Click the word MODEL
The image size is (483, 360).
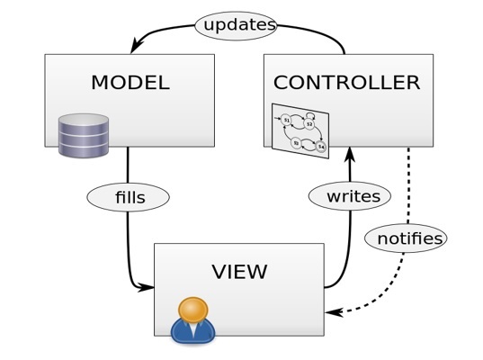(x=130, y=83)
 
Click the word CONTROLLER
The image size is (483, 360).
(x=346, y=83)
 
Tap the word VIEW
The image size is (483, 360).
(x=238, y=271)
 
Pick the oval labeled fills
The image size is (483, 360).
(x=129, y=195)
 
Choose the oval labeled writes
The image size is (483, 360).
(x=350, y=195)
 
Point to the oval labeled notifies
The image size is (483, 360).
(x=405, y=238)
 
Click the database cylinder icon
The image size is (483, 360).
(x=84, y=136)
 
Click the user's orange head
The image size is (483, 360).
(x=193, y=310)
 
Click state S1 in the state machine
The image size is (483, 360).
(x=286, y=120)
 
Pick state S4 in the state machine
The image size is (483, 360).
(x=320, y=146)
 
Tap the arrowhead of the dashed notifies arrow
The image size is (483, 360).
(x=331, y=312)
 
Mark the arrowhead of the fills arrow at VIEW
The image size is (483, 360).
(x=148, y=288)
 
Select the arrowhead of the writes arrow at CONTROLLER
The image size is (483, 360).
(x=348, y=153)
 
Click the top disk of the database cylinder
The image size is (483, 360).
(x=84, y=121)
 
